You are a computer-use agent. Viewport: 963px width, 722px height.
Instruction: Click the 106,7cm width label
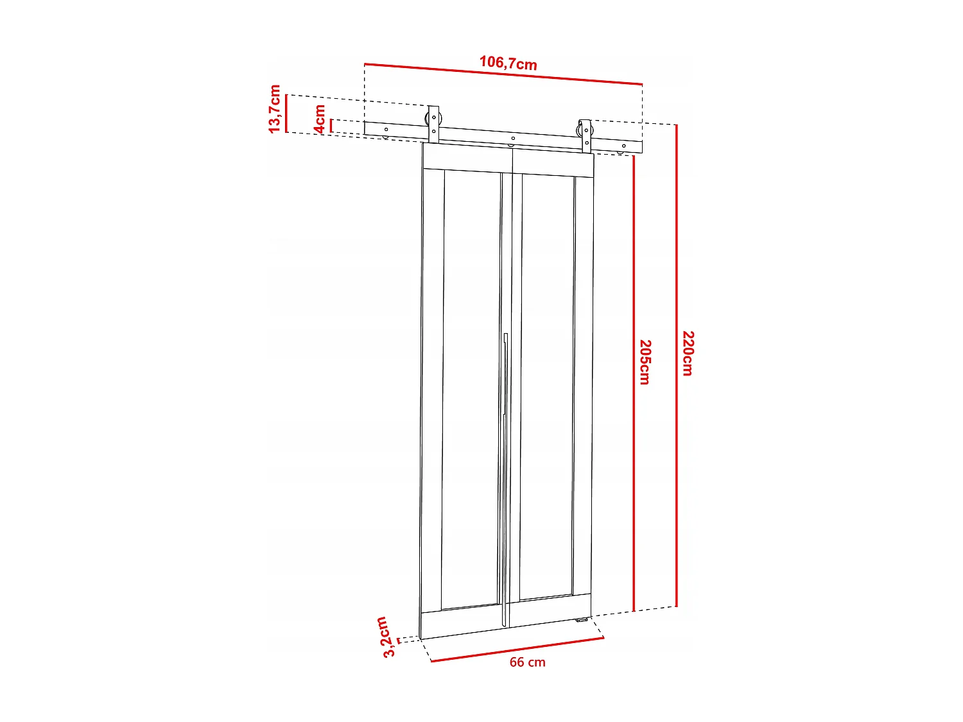click(508, 63)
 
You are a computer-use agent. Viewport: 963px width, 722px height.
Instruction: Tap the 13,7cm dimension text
click(275, 109)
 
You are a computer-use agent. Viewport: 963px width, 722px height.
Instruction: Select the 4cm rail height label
click(320, 119)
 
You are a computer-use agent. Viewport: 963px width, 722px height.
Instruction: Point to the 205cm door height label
click(645, 363)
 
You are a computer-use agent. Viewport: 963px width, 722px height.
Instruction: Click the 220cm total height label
click(688, 354)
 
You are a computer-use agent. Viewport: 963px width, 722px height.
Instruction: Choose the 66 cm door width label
click(527, 662)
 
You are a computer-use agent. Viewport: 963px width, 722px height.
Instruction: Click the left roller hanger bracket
click(433, 124)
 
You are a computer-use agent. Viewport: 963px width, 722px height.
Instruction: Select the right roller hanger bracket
click(586, 135)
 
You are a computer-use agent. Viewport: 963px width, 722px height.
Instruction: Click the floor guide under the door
click(582, 620)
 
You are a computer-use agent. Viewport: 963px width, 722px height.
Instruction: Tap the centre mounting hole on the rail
click(512, 139)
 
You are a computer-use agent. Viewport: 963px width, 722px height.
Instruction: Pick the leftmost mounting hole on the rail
click(386, 130)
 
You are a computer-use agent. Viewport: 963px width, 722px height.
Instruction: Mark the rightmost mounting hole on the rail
click(623, 146)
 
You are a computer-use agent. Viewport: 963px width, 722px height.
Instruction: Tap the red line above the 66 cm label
click(517, 649)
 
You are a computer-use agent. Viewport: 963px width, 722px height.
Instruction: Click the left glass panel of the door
click(471, 385)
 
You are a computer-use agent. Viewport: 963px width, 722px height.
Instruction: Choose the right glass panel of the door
click(547, 385)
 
